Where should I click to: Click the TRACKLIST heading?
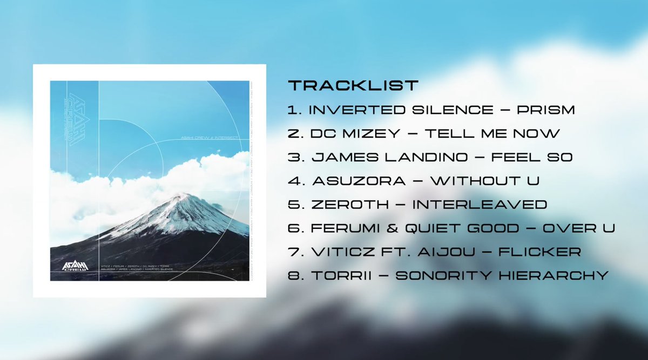[x=353, y=85]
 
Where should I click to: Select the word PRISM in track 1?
[x=545, y=110]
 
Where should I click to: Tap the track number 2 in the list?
[x=293, y=133]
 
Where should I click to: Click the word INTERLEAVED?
[x=480, y=205]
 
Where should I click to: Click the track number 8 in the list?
[x=293, y=276]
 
